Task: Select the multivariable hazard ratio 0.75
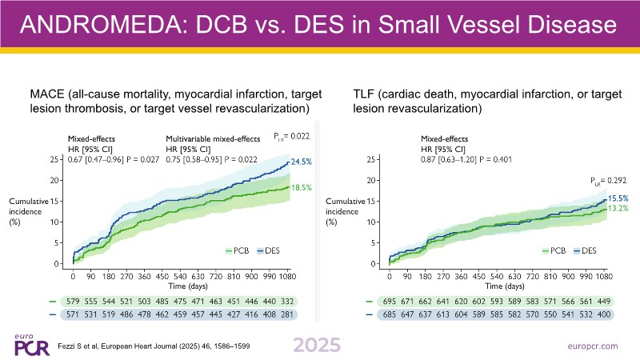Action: [174, 159]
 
